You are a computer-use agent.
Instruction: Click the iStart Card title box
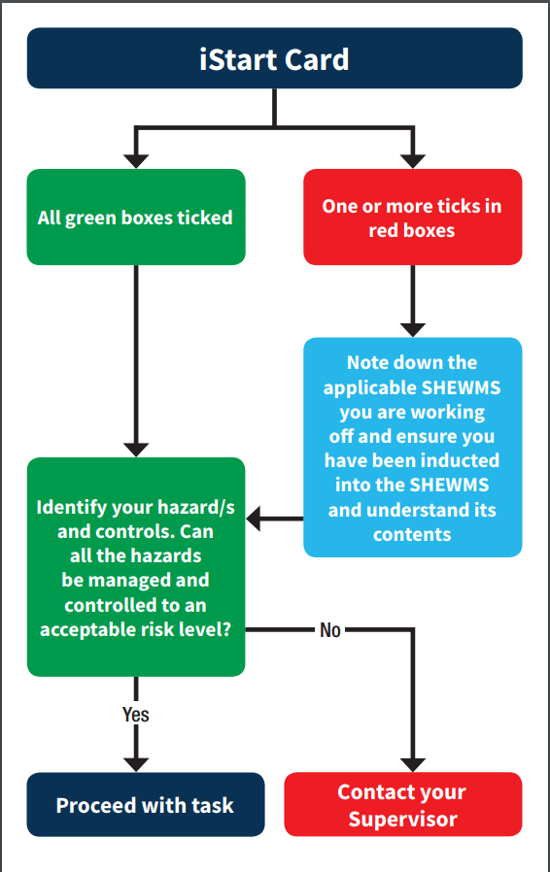(274, 58)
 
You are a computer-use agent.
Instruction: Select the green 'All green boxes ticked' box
(135, 217)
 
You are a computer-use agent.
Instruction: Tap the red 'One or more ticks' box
(412, 217)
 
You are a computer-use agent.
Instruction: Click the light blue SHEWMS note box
(412, 447)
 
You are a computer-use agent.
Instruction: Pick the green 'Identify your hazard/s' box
(135, 567)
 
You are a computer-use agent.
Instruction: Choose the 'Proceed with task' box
(145, 804)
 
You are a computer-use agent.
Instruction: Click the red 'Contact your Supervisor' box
(402, 804)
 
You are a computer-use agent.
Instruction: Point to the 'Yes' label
(136, 715)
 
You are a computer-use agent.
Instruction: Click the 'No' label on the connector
(330, 630)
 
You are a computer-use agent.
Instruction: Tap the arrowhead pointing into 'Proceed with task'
(136, 762)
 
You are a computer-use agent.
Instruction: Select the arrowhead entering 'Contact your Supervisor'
(413, 762)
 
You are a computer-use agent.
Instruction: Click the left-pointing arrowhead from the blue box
(256, 520)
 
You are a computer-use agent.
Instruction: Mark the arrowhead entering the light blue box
(413, 328)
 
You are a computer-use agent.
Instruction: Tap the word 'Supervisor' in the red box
(402, 819)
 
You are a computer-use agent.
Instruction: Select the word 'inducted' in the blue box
(459, 459)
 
